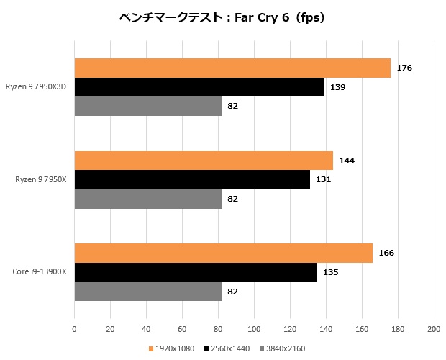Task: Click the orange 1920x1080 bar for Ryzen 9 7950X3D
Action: (232, 68)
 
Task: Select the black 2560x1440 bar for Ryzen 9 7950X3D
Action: (199, 87)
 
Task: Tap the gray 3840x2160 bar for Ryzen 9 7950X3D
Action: (147, 106)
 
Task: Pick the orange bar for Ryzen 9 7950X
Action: (204, 161)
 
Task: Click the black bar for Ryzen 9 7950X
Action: (191, 179)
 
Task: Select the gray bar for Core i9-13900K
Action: (147, 292)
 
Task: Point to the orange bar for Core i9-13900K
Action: (223, 253)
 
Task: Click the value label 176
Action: (404, 68)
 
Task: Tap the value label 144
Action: (347, 161)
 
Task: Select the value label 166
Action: (386, 253)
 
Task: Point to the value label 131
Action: (323, 179)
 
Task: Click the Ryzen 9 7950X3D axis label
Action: (40, 87)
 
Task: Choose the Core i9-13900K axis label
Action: (40, 272)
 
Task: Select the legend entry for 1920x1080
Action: (172, 348)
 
